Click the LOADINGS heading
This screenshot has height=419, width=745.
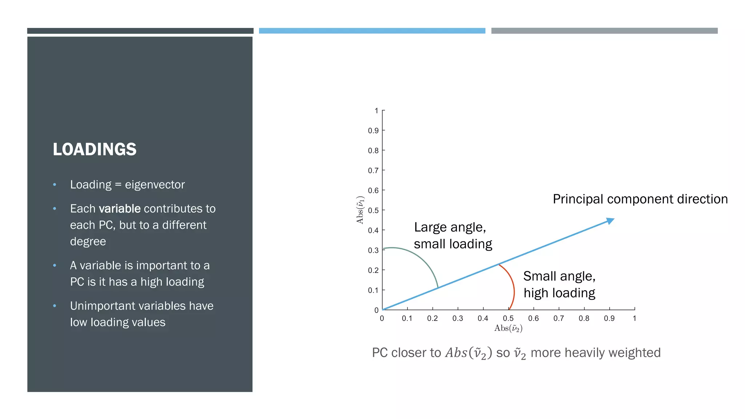click(x=95, y=149)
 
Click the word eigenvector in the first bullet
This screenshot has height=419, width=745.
click(x=155, y=185)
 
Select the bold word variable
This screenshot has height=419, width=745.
click(x=120, y=209)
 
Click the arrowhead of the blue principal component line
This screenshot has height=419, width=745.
click(x=610, y=221)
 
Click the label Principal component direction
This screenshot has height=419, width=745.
click(x=640, y=199)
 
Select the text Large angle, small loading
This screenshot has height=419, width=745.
click(x=453, y=236)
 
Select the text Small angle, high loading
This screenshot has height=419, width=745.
click(x=559, y=285)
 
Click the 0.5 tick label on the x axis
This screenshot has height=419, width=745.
click(x=508, y=319)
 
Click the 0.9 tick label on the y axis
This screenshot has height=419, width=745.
click(x=373, y=131)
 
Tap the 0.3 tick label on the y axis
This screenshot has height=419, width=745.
click(x=373, y=251)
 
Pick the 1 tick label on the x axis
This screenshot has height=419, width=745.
click(x=634, y=319)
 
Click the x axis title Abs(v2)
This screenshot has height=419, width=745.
click(x=508, y=328)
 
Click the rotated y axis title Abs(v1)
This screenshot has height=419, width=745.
click(x=360, y=210)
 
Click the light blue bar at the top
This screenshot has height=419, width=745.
click(x=372, y=31)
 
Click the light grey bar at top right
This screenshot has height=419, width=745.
click(x=604, y=31)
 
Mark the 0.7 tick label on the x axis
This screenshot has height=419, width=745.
click(x=559, y=319)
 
